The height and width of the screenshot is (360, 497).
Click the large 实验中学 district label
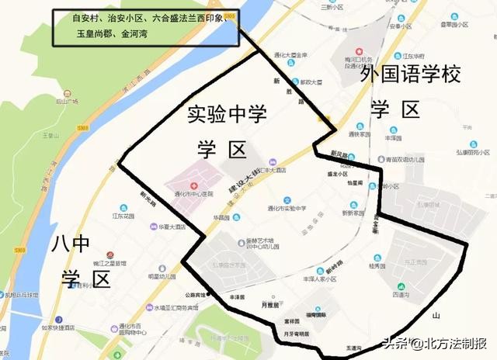[x=226, y=115]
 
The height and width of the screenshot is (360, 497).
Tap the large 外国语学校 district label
[x=411, y=76]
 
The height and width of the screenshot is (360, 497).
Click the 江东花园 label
[x=123, y=216]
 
